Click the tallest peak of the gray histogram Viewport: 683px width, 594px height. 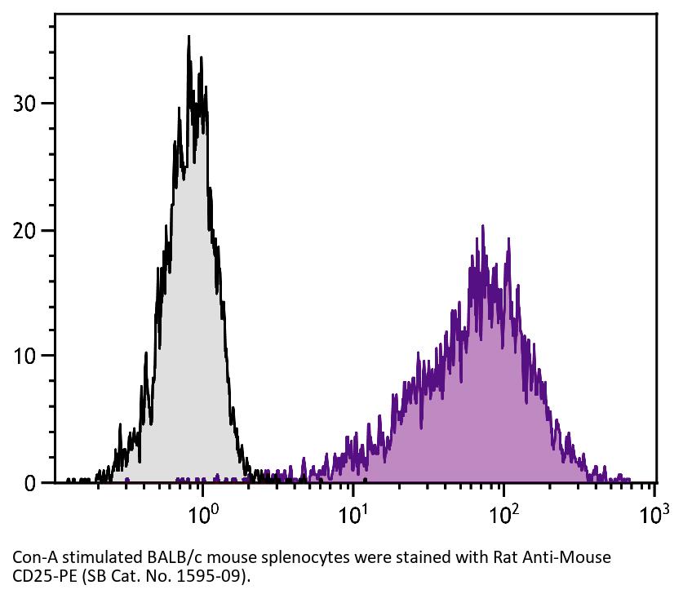point(188,37)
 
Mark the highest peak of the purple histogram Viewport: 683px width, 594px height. point(482,226)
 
